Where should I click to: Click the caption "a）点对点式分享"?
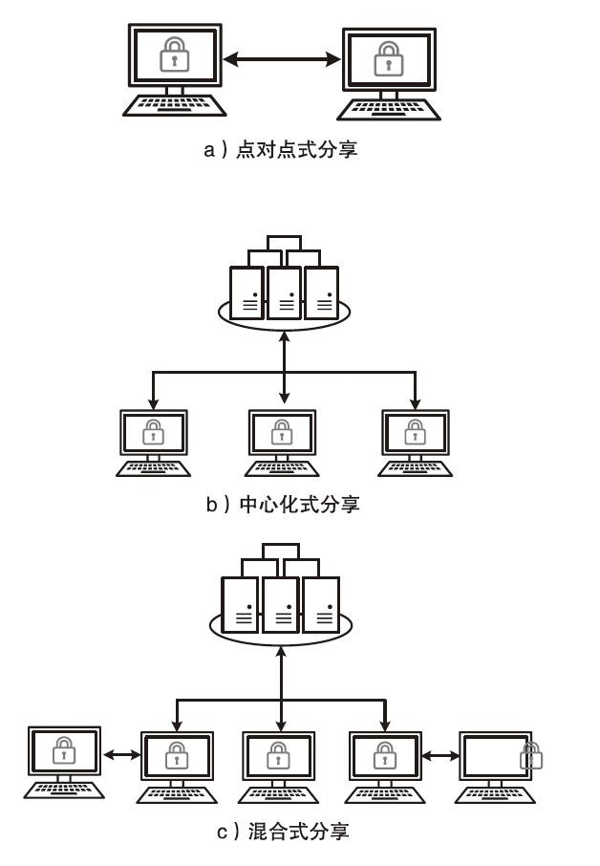tap(280, 149)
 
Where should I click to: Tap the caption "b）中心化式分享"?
tap(283, 504)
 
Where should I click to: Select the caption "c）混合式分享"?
tap(283, 832)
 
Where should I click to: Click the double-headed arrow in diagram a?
tap(282, 59)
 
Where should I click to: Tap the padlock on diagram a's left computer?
tap(174, 54)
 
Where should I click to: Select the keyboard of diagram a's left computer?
tap(175, 105)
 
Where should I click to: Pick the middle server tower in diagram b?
tap(284, 292)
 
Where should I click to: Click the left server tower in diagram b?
tap(246, 292)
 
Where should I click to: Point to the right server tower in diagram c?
tap(322, 604)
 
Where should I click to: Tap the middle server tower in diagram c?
tap(281, 604)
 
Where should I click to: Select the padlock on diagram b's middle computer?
tap(283, 432)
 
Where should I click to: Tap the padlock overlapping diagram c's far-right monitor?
tap(530, 756)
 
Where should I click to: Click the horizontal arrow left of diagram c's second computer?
tap(121, 755)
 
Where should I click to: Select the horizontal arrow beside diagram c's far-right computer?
tap(440, 756)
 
